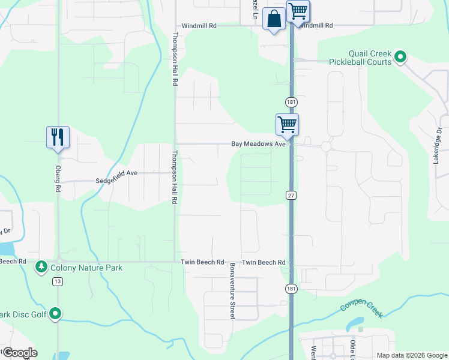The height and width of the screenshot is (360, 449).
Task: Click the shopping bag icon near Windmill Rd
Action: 274,19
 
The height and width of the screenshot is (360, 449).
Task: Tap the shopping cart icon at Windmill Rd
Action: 298,11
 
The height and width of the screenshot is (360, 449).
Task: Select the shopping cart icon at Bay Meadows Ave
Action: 288,125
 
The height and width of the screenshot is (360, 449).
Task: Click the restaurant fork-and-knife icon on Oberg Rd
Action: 58,137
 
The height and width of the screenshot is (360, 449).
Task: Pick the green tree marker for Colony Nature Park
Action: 41,266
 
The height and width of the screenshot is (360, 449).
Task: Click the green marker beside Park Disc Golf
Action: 55,313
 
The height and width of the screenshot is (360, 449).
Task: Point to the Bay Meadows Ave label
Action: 259,144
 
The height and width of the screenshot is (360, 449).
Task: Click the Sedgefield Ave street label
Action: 116,173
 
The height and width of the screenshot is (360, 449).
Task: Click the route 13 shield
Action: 58,281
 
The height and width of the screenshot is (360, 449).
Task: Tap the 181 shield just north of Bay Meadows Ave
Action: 291,101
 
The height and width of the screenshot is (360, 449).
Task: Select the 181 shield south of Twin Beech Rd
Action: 291,289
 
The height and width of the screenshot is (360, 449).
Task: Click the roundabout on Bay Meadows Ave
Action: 326,146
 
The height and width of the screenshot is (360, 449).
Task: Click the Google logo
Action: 19,353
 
